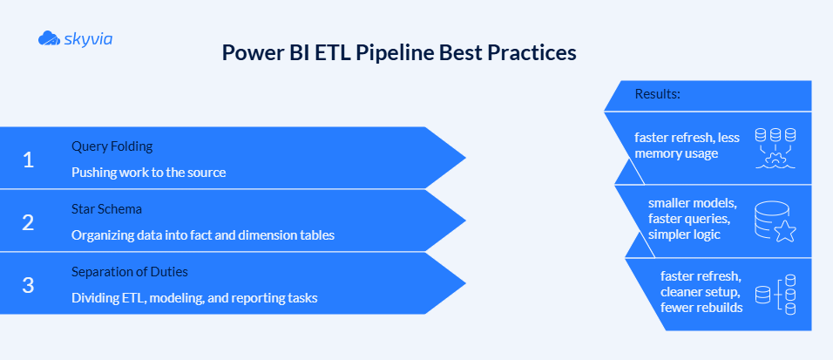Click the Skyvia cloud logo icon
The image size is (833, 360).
click(49, 37)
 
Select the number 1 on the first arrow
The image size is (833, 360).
click(28, 160)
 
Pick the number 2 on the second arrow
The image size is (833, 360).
click(28, 222)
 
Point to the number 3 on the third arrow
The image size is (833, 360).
click(28, 285)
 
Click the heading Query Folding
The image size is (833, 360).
click(112, 146)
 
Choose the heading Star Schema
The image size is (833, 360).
click(106, 209)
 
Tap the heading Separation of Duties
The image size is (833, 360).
click(129, 272)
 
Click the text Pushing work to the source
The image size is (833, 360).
click(148, 173)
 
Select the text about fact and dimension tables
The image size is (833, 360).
click(202, 235)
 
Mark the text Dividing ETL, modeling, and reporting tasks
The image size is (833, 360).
click(193, 298)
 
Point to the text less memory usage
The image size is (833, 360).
click(676, 153)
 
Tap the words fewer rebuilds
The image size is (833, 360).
click(701, 307)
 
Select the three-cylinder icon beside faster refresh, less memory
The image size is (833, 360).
click(775, 147)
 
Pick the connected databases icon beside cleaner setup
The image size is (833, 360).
click(775, 294)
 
